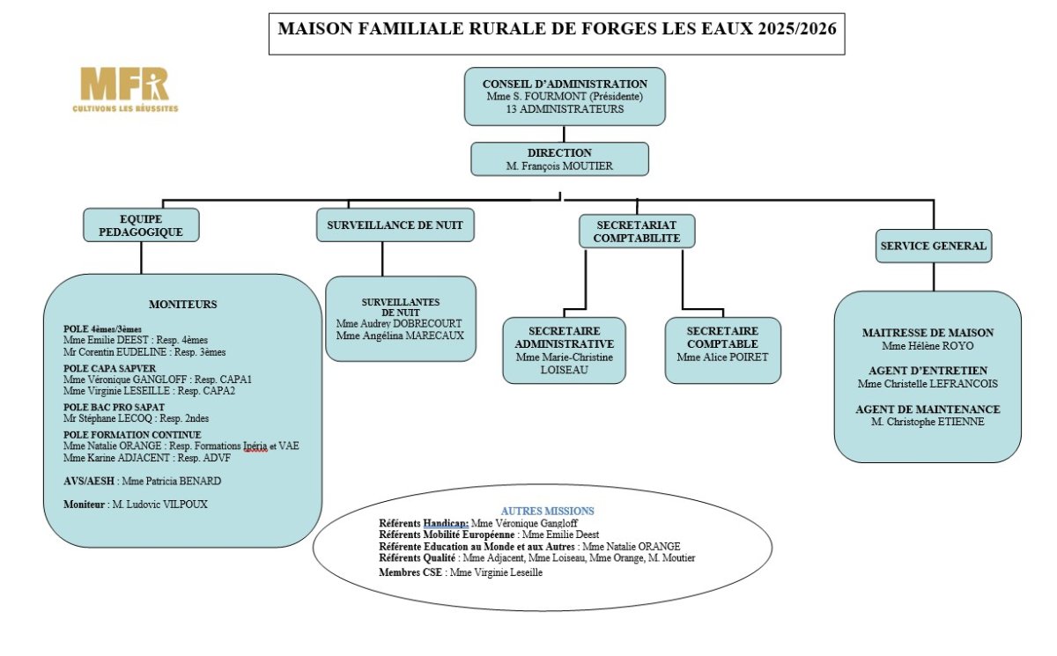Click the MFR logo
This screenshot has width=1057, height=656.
click(x=124, y=89)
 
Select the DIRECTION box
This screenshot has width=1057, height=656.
click(x=559, y=158)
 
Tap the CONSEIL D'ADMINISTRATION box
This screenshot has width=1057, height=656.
click(x=565, y=96)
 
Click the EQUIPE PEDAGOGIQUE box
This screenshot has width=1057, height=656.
click(x=141, y=225)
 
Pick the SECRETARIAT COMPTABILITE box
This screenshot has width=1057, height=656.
click(x=636, y=231)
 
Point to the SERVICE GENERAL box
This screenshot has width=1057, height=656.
click(x=933, y=246)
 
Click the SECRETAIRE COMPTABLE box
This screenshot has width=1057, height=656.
click(x=722, y=350)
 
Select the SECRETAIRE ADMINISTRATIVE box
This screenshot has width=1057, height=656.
click(x=564, y=350)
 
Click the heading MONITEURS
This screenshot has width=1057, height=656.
click(x=182, y=305)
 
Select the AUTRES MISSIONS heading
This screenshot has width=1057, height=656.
click(x=547, y=511)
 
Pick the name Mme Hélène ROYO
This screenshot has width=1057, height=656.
click(x=928, y=345)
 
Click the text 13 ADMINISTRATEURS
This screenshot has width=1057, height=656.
click(x=565, y=109)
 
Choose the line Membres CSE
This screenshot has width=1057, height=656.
click(x=460, y=572)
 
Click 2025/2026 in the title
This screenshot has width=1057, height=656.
click(x=791, y=27)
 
